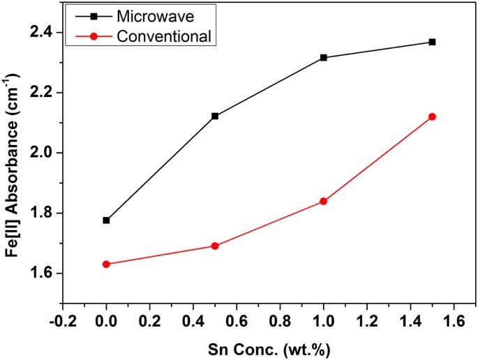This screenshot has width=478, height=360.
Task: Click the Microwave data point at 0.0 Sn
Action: pyautogui.click(x=106, y=220)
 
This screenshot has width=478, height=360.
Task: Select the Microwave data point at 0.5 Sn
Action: pyautogui.click(x=215, y=116)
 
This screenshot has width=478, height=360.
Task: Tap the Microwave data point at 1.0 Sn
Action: pyautogui.click(x=324, y=57)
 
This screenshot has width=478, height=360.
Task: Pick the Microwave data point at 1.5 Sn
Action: pyautogui.click(x=433, y=42)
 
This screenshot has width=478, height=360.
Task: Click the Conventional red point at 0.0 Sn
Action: pyautogui.click(x=106, y=264)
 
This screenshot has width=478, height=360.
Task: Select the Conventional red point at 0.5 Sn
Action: pyautogui.click(x=215, y=246)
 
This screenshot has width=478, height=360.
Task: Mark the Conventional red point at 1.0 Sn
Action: pyautogui.click(x=324, y=201)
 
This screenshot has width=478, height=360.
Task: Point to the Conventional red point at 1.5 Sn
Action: pyautogui.click(x=433, y=117)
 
